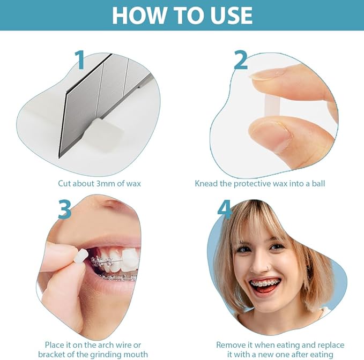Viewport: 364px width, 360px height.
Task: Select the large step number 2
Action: (240, 60)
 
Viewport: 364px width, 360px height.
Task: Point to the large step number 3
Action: (64, 209)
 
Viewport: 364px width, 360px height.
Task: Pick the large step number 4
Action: (225, 209)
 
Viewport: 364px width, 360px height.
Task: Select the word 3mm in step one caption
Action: (106, 183)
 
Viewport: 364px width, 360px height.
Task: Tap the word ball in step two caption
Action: (318, 183)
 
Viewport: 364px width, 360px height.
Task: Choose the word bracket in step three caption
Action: (49, 355)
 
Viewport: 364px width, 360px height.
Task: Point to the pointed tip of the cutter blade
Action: (60, 158)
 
